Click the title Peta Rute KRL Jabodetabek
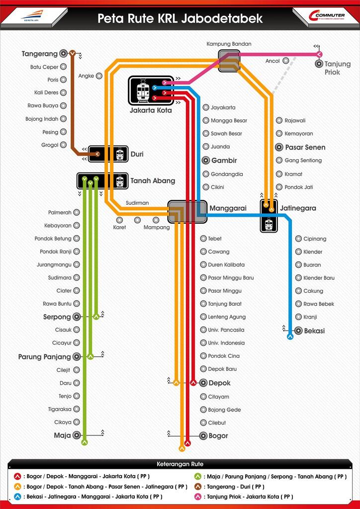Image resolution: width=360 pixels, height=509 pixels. [x=180, y=18]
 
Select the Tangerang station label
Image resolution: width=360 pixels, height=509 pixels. [x=40, y=54]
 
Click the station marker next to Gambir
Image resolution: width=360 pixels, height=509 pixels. [x=206, y=161]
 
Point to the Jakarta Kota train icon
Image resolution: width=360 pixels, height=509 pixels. [x=143, y=91]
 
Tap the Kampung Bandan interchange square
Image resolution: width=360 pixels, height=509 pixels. [x=229, y=61]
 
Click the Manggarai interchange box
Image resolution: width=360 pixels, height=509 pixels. [x=187, y=212]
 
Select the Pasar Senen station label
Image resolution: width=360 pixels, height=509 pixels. [x=305, y=147]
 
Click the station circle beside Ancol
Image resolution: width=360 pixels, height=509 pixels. [x=285, y=61]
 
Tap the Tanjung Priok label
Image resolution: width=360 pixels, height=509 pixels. [x=338, y=68]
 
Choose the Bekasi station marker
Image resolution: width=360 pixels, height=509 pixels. [x=298, y=330]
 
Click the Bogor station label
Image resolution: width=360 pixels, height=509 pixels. [x=219, y=436]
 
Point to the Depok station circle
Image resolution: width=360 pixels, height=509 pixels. [x=203, y=383]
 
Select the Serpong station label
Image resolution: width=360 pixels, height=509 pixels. [x=57, y=317]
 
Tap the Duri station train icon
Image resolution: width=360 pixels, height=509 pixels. [x=120, y=155]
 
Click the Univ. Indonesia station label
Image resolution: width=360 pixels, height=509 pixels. [x=226, y=343]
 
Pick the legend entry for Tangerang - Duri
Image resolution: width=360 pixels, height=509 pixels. [x=241, y=487]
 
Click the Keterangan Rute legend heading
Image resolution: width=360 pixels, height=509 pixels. [x=180, y=464]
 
